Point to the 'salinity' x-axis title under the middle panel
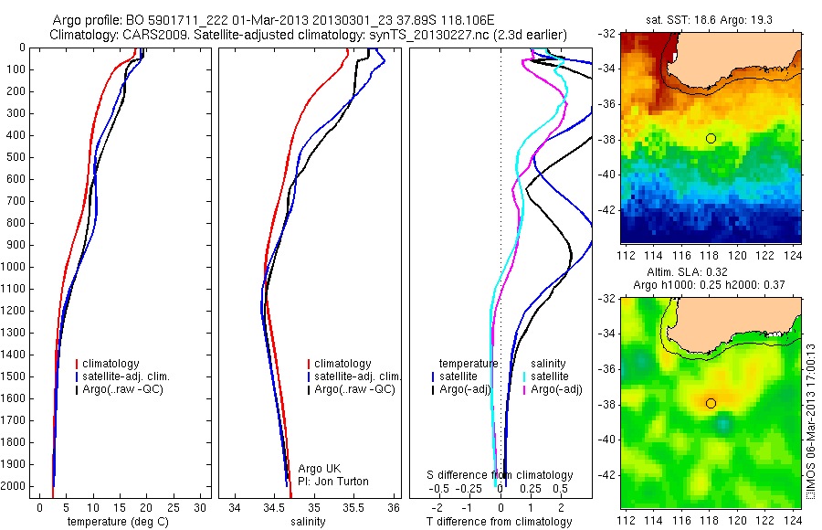pyautogui.click(x=308, y=522)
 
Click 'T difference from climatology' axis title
pyautogui.click(x=499, y=522)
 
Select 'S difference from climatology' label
pyautogui.click(x=501, y=475)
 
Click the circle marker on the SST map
pyautogui.click(x=711, y=138)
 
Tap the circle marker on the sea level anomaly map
pyautogui.click(x=711, y=403)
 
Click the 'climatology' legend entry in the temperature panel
pyautogui.click(x=113, y=364)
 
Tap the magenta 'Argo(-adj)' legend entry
pyautogui.click(x=556, y=389)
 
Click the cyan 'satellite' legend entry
pyautogui.click(x=551, y=376)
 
